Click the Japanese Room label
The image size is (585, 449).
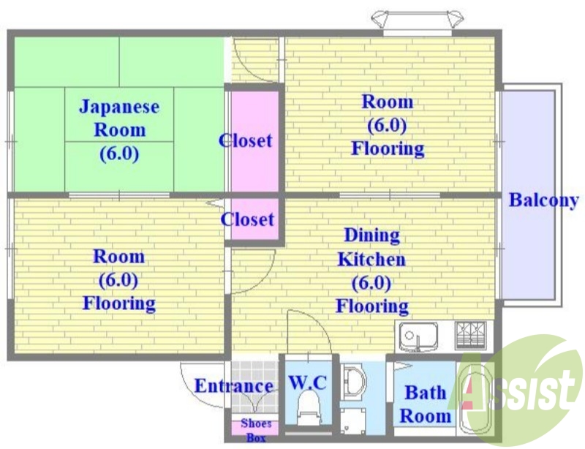click(x=118, y=130)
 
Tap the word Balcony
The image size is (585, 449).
click(x=543, y=200)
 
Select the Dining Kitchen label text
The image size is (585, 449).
click(x=371, y=247)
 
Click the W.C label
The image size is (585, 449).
click(x=307, y=382)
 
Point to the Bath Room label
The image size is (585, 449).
click(x=426, y=404)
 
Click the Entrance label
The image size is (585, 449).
click(x=233, y=386)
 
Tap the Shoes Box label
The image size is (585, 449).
click(x=256, y=430)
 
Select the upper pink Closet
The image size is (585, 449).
click(x=254, y=140)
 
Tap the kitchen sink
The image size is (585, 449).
click(x=418, y=336)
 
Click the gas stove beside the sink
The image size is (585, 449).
click(x=472, y=335)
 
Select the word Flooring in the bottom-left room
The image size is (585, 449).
click(x=118, y=303)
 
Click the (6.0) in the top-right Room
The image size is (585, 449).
click(x=387, y=125)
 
